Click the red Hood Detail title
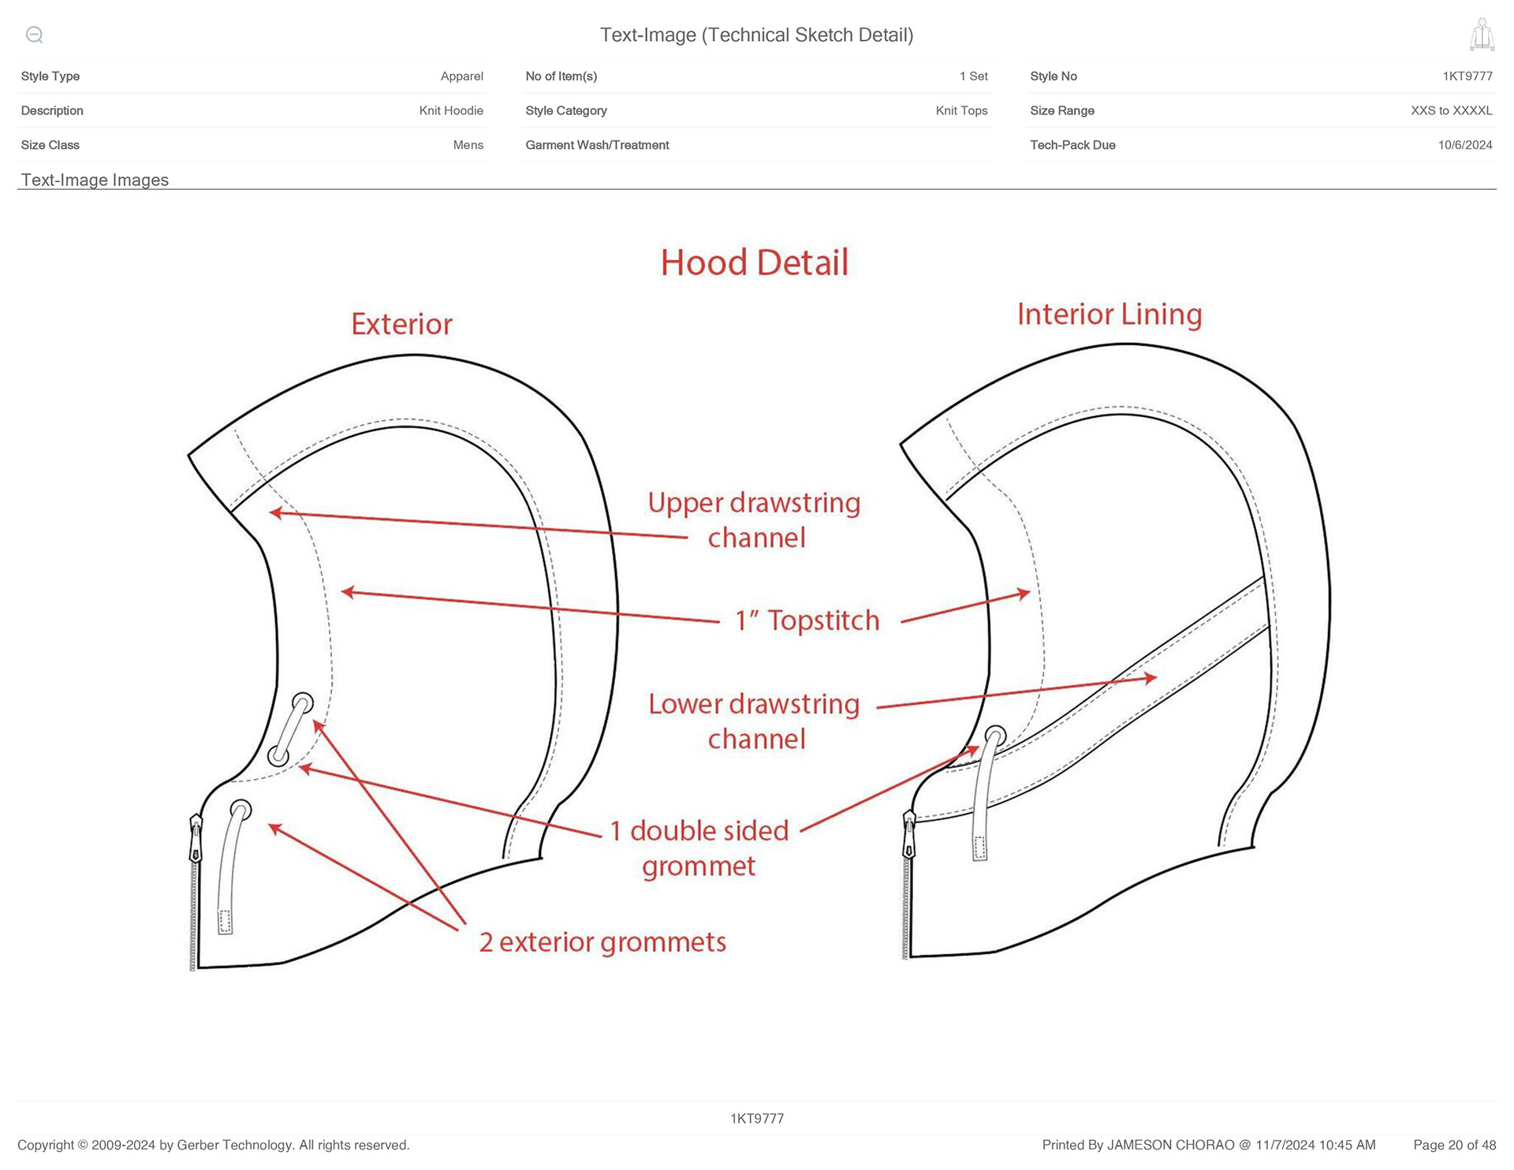pyautogui.click(x=755, y=263)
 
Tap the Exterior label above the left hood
pyautogui.click(x=402, y=324)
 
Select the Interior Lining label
pyautogui.click(x=1109, y=315)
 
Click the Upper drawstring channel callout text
pyautogui.click(x=755, y=520)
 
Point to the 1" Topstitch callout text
pyautogui.click(x=807, y=620)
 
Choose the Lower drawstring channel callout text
pyautogui.click(x=755, y=721)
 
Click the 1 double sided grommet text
pyautogui.click(x=699, y=848)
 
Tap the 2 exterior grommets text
pyautogui.click(x=603, y=942)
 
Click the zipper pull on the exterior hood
pyautogui.click(x=196, y=839)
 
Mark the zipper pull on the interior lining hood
pyautogui.click(x=909, y=834)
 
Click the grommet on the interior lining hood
pyautogui.click(x=996, y=736)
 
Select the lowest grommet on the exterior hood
pyautogui.click(x=241, y=810)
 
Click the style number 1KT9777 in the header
pyautogui.click(x=1467, y=76)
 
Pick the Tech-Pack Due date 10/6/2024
pyautogui.click(x=1465, y=145)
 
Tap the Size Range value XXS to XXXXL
pyautogui.click(x=1452, y=110)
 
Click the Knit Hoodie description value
pyautogui.click(x=451, y=110)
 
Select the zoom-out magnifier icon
pyautogui.click(x=34, y=35)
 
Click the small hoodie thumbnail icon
pyautogui.click(x=1482, y=35)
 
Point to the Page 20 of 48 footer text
pyautogui.click(x=1455, y=1145)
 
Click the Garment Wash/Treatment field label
pyautogui.click(x=597, y=145)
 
